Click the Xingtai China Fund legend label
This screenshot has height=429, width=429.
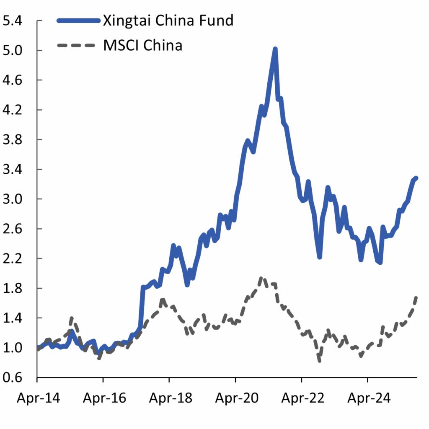(x=168, y=20)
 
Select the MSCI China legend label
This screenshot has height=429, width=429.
(x=142, y=45)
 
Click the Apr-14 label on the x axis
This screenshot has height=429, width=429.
(x=37, y=398)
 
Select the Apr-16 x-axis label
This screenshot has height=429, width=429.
(x=103, y=398)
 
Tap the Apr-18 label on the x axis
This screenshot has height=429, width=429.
(x=169, y=398)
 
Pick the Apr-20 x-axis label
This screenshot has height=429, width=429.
(x=235, y=398)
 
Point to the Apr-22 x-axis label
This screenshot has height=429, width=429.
(x=301, y=398)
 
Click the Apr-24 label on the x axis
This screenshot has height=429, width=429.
(x=367, y=398)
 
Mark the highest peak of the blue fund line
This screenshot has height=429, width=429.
(x=275, y=49)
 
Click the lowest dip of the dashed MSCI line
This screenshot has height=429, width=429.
(x=320, y=360)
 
